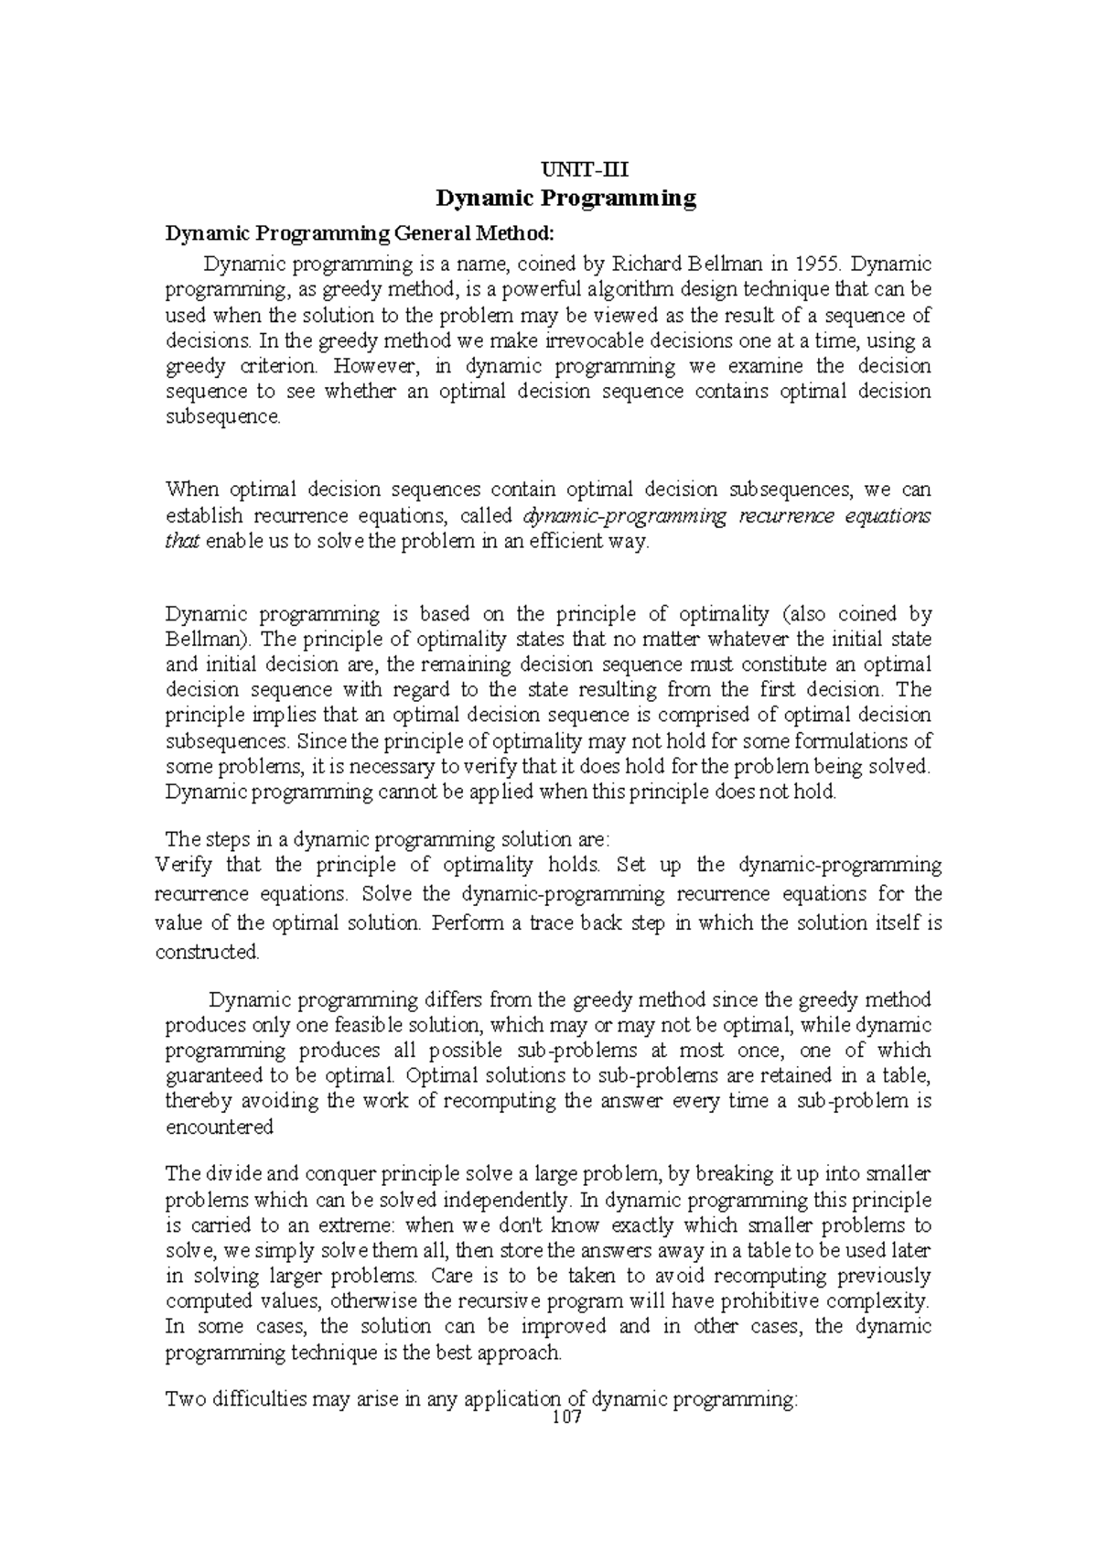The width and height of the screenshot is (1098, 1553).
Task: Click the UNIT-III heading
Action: pos(566,169)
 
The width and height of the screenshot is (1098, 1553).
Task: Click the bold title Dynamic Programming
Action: pos(566,198)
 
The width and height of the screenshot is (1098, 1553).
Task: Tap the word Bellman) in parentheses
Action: pos(207,639)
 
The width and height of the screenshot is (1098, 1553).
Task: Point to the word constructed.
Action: pos(208,952)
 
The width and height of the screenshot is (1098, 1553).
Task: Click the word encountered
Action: pos(219,1127)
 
